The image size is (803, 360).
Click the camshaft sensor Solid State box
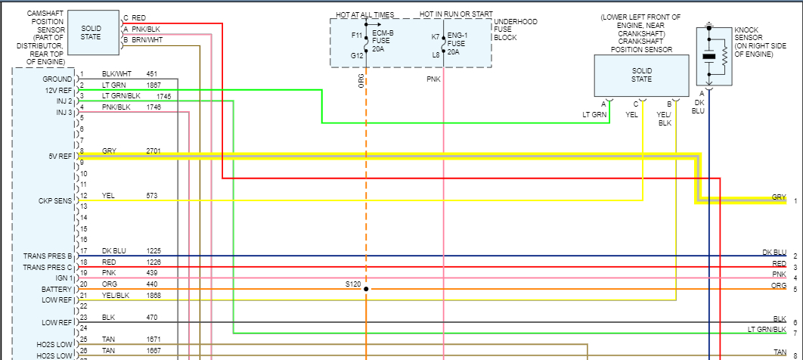[90, 33]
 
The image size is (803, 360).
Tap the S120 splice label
[353, 285]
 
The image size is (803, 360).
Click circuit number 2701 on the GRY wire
[153, 151]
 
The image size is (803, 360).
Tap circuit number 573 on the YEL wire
[151, 196]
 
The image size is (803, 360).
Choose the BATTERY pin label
[57, 290]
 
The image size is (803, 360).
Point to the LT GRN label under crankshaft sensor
[594, 115]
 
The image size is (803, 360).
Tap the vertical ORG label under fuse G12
[361, 80]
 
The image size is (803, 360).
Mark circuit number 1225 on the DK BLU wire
[153, 251]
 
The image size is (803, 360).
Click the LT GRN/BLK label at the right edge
[767, 330]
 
